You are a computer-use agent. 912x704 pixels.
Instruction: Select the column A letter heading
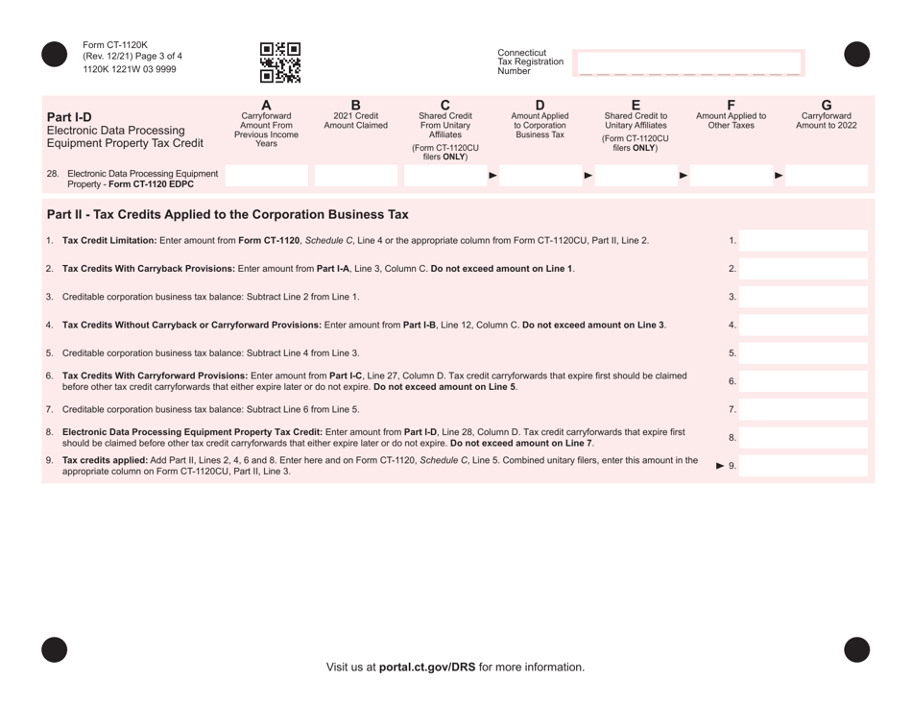coord(266,104)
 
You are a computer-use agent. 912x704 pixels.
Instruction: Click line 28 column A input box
coord(266,175)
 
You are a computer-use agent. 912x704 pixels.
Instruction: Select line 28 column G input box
coord(827,175)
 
